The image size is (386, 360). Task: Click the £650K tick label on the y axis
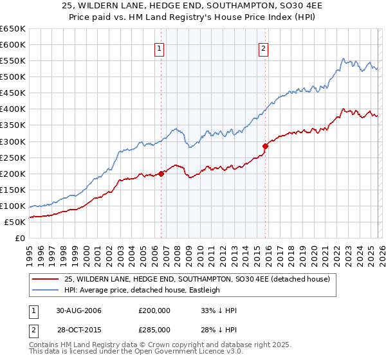click(x=13, y=29)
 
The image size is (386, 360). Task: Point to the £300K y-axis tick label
click(x=13, y=141)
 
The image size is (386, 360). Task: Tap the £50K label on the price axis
click(x=15, y=222)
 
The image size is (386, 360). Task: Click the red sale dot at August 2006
click(x=161, y=173)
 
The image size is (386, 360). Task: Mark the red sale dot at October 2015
click(x=265, y=146)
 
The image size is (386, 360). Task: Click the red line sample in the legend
click(x=46, y=279)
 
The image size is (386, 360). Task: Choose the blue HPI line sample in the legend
click(x=46, y=290)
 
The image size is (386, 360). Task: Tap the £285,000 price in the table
click(x=155, y=329)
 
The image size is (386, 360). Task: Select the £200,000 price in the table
click(x=155, y=310)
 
